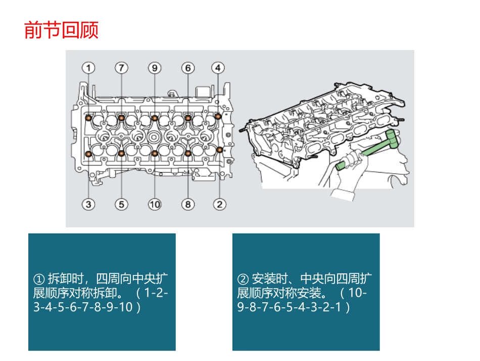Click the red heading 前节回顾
[61, 30]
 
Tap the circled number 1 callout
[89, 67]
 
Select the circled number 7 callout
[121, 67]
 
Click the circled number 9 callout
[155, 67]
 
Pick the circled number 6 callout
[187, 67]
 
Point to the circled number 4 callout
[218, 67]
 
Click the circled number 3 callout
[89, 204]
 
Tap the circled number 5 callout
[121, 204]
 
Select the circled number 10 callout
[155, 204]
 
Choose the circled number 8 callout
[187, 204]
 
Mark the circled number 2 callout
[219, 204]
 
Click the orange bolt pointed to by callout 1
[89, 118]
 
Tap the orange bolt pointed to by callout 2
[219, 149]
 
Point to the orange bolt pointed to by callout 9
[155, 118]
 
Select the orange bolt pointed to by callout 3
[89, 153]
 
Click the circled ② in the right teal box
[243, 279]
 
